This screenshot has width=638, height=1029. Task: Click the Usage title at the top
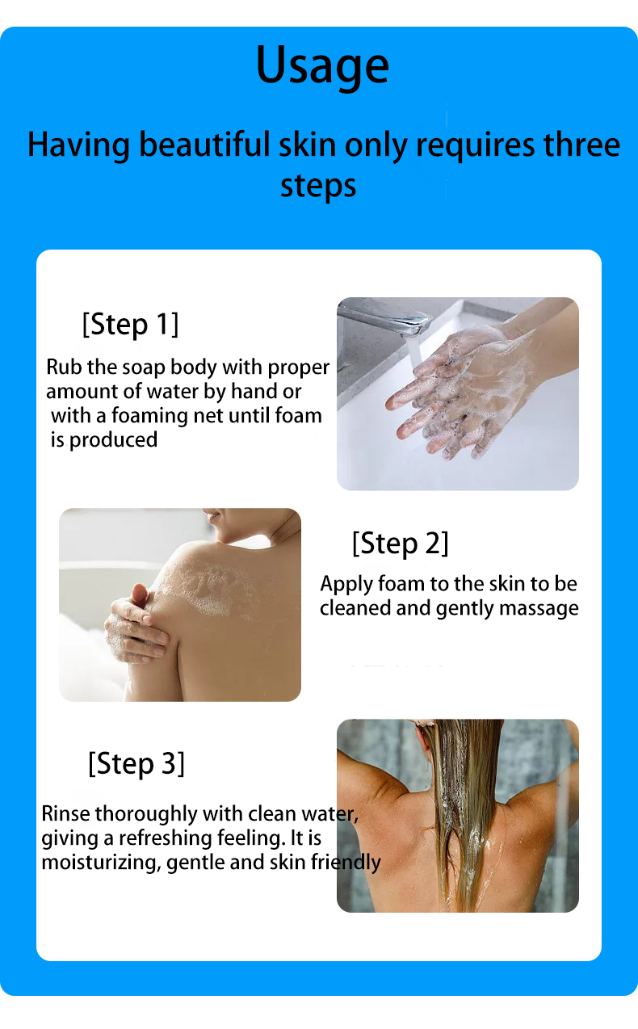tap(322, 66)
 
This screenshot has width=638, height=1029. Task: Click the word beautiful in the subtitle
tap(203, 145)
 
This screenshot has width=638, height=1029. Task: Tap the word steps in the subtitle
tap(318, 187)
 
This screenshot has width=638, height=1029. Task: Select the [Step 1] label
tap(130, 324)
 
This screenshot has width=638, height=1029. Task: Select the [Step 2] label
tap(400, 543)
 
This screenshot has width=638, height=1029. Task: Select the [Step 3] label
tap(136, 762)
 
